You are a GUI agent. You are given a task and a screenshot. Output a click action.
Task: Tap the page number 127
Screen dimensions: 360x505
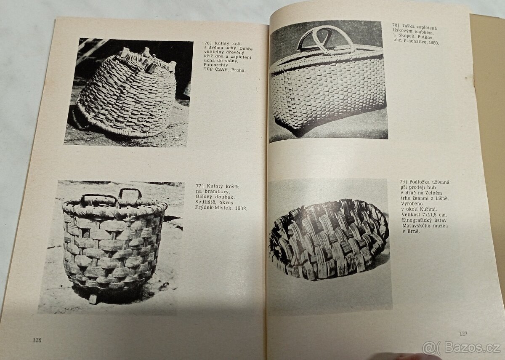(x=463, y=333)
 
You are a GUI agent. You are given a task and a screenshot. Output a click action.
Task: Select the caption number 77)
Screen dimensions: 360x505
(x=201, y=186)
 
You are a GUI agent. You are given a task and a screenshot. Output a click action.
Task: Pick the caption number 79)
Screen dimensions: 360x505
(x=404, y=182)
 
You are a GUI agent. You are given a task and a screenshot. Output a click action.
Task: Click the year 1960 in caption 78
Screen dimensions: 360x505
(x=432, y=43)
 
